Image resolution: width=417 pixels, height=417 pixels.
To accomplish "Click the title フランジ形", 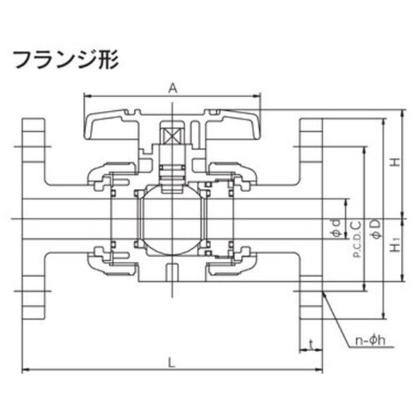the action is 67,59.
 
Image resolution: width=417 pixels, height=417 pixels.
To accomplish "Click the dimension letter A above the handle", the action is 173,88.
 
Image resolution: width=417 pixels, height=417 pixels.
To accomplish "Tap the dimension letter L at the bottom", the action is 173,363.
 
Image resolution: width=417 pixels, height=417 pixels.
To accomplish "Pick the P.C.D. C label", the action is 357,239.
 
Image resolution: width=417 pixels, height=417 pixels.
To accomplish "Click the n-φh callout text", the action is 370,340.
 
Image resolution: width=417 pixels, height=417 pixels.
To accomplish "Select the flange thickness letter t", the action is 312,344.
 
